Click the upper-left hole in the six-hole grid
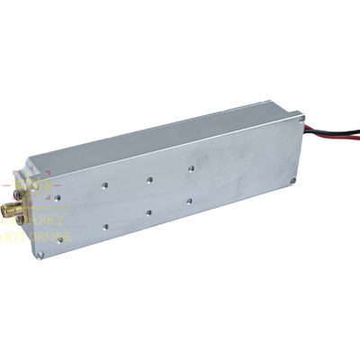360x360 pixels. click(104, 186)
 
